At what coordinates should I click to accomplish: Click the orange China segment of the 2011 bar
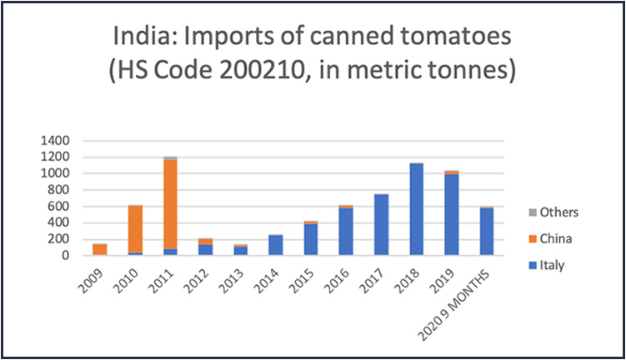point(170,203)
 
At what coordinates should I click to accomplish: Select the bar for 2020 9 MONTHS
point(486,232)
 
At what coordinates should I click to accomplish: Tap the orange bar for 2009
point(100,250)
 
